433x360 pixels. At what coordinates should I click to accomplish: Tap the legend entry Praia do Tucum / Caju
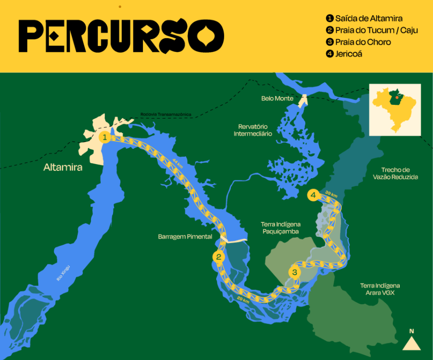point(371,30)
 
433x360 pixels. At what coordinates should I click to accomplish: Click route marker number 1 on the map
point(104,137)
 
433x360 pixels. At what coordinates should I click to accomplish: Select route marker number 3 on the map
point(294,272)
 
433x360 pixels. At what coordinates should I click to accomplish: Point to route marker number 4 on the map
point(313,195)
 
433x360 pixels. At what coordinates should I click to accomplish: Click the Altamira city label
point(63,168)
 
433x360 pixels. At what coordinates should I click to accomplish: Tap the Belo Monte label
point(277,98)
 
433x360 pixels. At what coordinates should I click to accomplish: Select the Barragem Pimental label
point(185,236)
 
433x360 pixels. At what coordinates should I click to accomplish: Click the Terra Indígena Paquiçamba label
point(281,227)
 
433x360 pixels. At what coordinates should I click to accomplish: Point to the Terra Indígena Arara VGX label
point(380,289)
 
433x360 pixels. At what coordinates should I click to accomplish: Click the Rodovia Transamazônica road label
point(165,115)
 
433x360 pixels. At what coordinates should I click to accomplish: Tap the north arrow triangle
point(411,344)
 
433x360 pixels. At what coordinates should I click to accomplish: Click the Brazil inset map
point(395,109)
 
